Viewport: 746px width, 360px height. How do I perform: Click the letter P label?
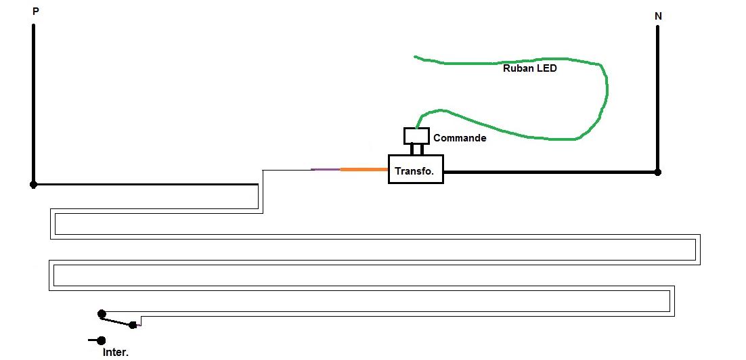(35, 12)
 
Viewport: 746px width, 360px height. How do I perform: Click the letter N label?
(658, 15)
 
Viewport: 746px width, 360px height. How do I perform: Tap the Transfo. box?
(416, 169)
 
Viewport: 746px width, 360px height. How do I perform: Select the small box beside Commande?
(416, 135)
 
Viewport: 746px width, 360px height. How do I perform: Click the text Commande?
(460, 138)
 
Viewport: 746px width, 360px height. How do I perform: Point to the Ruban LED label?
(529, 68)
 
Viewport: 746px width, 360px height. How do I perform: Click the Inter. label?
(115, 353)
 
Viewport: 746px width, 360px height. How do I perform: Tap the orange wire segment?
(364, 169)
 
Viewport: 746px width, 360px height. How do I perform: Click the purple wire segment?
(326, 169)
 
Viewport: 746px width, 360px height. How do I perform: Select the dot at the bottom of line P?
(33, 184)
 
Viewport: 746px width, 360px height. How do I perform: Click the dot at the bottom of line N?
(657, 172)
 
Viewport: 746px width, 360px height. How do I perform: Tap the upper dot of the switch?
(102, 313)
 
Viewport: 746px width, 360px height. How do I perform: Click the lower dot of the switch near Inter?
(102, 340)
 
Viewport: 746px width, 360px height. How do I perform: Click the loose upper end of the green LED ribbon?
(416, 57)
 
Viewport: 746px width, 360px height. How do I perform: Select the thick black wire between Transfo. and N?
(548, 172)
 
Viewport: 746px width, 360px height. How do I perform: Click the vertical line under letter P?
(33, 102)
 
